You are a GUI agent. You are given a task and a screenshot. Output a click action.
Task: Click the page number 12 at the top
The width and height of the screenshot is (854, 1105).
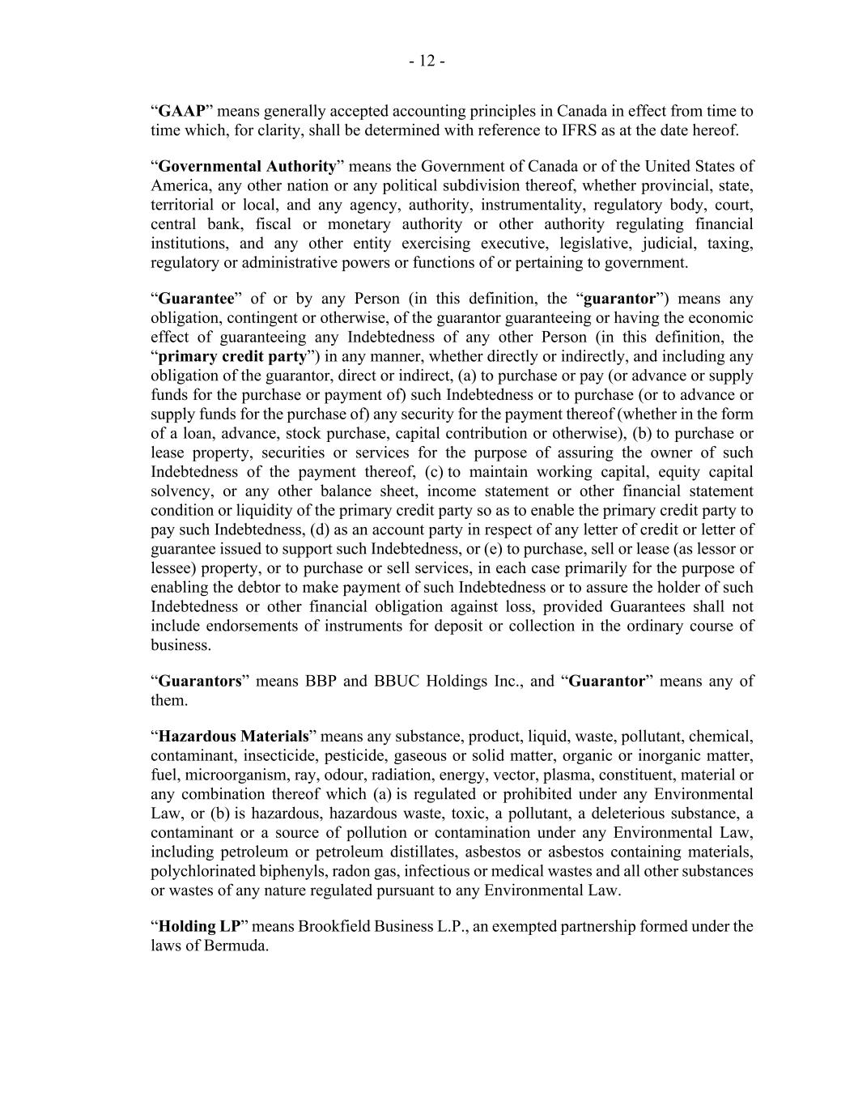427,62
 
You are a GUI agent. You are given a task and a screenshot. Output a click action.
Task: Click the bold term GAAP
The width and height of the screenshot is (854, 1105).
182,111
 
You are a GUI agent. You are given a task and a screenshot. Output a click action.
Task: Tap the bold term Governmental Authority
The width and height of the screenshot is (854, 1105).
247,167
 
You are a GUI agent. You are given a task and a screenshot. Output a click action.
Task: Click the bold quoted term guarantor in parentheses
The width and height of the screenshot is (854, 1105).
619,299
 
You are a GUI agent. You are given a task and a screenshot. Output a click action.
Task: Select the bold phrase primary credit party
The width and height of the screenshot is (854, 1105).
232,357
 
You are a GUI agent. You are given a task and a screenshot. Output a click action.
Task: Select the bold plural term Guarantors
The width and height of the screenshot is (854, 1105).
200,682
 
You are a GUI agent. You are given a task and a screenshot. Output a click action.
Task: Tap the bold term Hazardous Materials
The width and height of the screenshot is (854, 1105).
234,737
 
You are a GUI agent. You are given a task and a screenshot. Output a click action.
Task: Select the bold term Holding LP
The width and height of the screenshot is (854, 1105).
199,927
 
